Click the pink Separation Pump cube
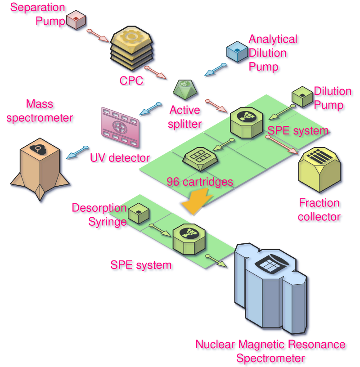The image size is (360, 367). coord(76,20)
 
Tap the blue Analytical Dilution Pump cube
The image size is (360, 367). coord(237,51)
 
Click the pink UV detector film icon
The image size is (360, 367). coord(120,128)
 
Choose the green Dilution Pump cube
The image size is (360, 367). coord(302,97)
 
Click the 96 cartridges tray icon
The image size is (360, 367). coord(200,157)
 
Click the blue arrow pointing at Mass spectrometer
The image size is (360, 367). coord(77,152)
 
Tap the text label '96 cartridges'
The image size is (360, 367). coord(200,182)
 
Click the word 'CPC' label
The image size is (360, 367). coord(131,81)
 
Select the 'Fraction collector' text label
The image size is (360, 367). coord(319,210)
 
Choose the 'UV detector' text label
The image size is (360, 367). coord(120,158)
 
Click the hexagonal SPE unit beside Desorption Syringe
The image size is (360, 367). coord(189,237)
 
